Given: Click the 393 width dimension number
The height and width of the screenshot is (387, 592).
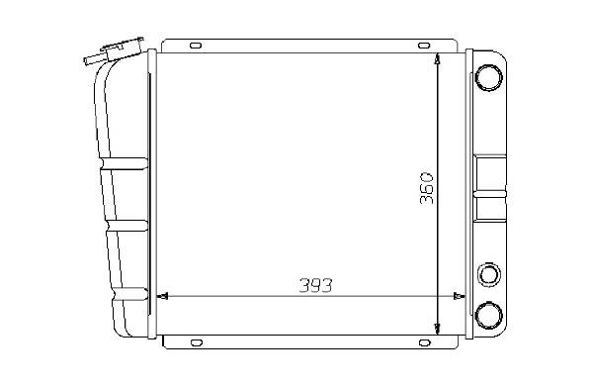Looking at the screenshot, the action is tap(315, 285).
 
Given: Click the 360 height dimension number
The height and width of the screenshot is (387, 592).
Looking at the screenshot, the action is tap(427, 188).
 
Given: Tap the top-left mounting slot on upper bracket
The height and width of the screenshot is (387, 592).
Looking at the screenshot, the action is tap(196, 46).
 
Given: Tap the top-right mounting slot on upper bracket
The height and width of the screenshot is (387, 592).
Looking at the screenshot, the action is tap(424, 46).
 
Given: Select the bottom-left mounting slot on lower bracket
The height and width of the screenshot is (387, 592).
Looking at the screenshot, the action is tap(197, 342).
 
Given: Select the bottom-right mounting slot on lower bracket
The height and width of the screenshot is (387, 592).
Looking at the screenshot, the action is tap(425, 342).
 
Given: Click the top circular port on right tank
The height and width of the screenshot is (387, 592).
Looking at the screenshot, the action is tap(488, 77).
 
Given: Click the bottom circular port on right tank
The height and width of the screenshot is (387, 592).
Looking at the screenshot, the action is tap(488, 315).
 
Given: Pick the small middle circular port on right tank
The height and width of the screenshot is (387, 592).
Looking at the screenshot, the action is tap(489, 274).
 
